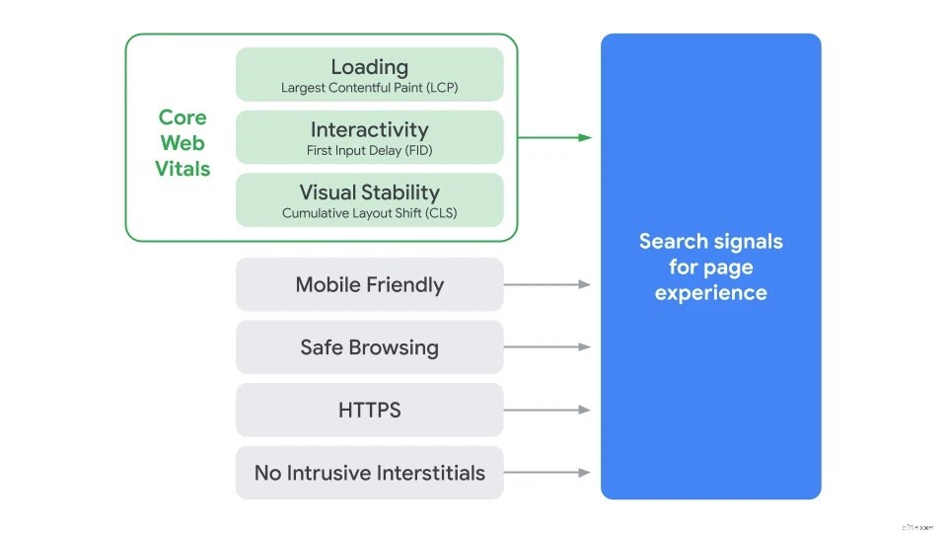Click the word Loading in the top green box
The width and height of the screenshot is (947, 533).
pyautogui.click(x=369, y=67)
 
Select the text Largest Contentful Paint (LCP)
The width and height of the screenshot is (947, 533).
pyautogui.click(x=369, y=88)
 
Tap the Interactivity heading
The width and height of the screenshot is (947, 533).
pyautogui.click(x=369, y=129)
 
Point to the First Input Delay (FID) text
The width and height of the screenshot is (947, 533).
pyautogui.click(x=369, y=151)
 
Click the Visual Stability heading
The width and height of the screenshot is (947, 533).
pyautogui.click(x=369, y=192)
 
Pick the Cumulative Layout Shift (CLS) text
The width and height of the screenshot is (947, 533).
pyautogui.click(x=369, y=213)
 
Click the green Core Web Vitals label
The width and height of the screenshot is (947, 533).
pyautogui.click(x=182, y=143)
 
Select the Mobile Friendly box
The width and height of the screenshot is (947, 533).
pyautogui.click(x=369, y=285)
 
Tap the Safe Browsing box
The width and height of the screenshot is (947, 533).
pyautogui.click(x=369, y=347)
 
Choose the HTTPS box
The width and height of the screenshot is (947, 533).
pyautogui.click(x=369, y=410)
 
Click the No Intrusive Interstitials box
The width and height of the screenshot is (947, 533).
pyautogui.click(x=369, y=473)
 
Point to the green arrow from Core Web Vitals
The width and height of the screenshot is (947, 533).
pyautogui.click(x=554, y=138)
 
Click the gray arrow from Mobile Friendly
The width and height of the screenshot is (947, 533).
pyautogui.click(x=547, y=284)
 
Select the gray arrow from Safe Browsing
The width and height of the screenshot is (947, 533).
pyautogui.click(x=547, y=347)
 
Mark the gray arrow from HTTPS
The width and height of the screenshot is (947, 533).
pyautogui.click(x=547, y=410)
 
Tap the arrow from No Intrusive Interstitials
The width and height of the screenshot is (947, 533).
pyautogui.click(x=547, y=473)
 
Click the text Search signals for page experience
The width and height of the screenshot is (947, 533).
pyautogui.click(x=710, y=266)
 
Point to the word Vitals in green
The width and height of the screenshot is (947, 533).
pyautogui.click(x=182, y=169)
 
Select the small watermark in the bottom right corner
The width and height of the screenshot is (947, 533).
pyautogui.click(x=916, y=527)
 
